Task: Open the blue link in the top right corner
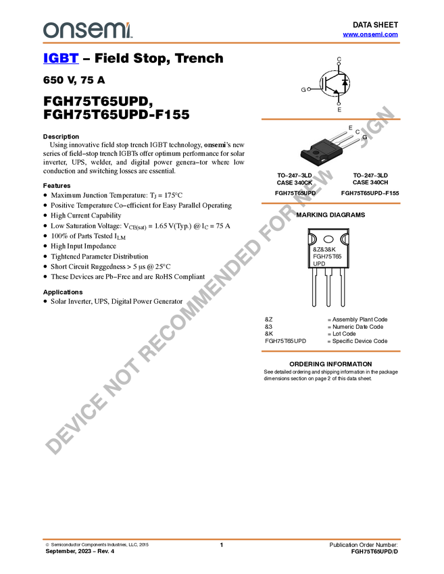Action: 370,34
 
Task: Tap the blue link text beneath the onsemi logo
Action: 61,59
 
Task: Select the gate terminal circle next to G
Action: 310,88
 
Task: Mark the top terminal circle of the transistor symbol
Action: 339,61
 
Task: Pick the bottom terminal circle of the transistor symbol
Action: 339,104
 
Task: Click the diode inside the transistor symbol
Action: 345,82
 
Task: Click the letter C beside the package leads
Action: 357,132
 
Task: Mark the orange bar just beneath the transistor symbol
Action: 330,119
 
